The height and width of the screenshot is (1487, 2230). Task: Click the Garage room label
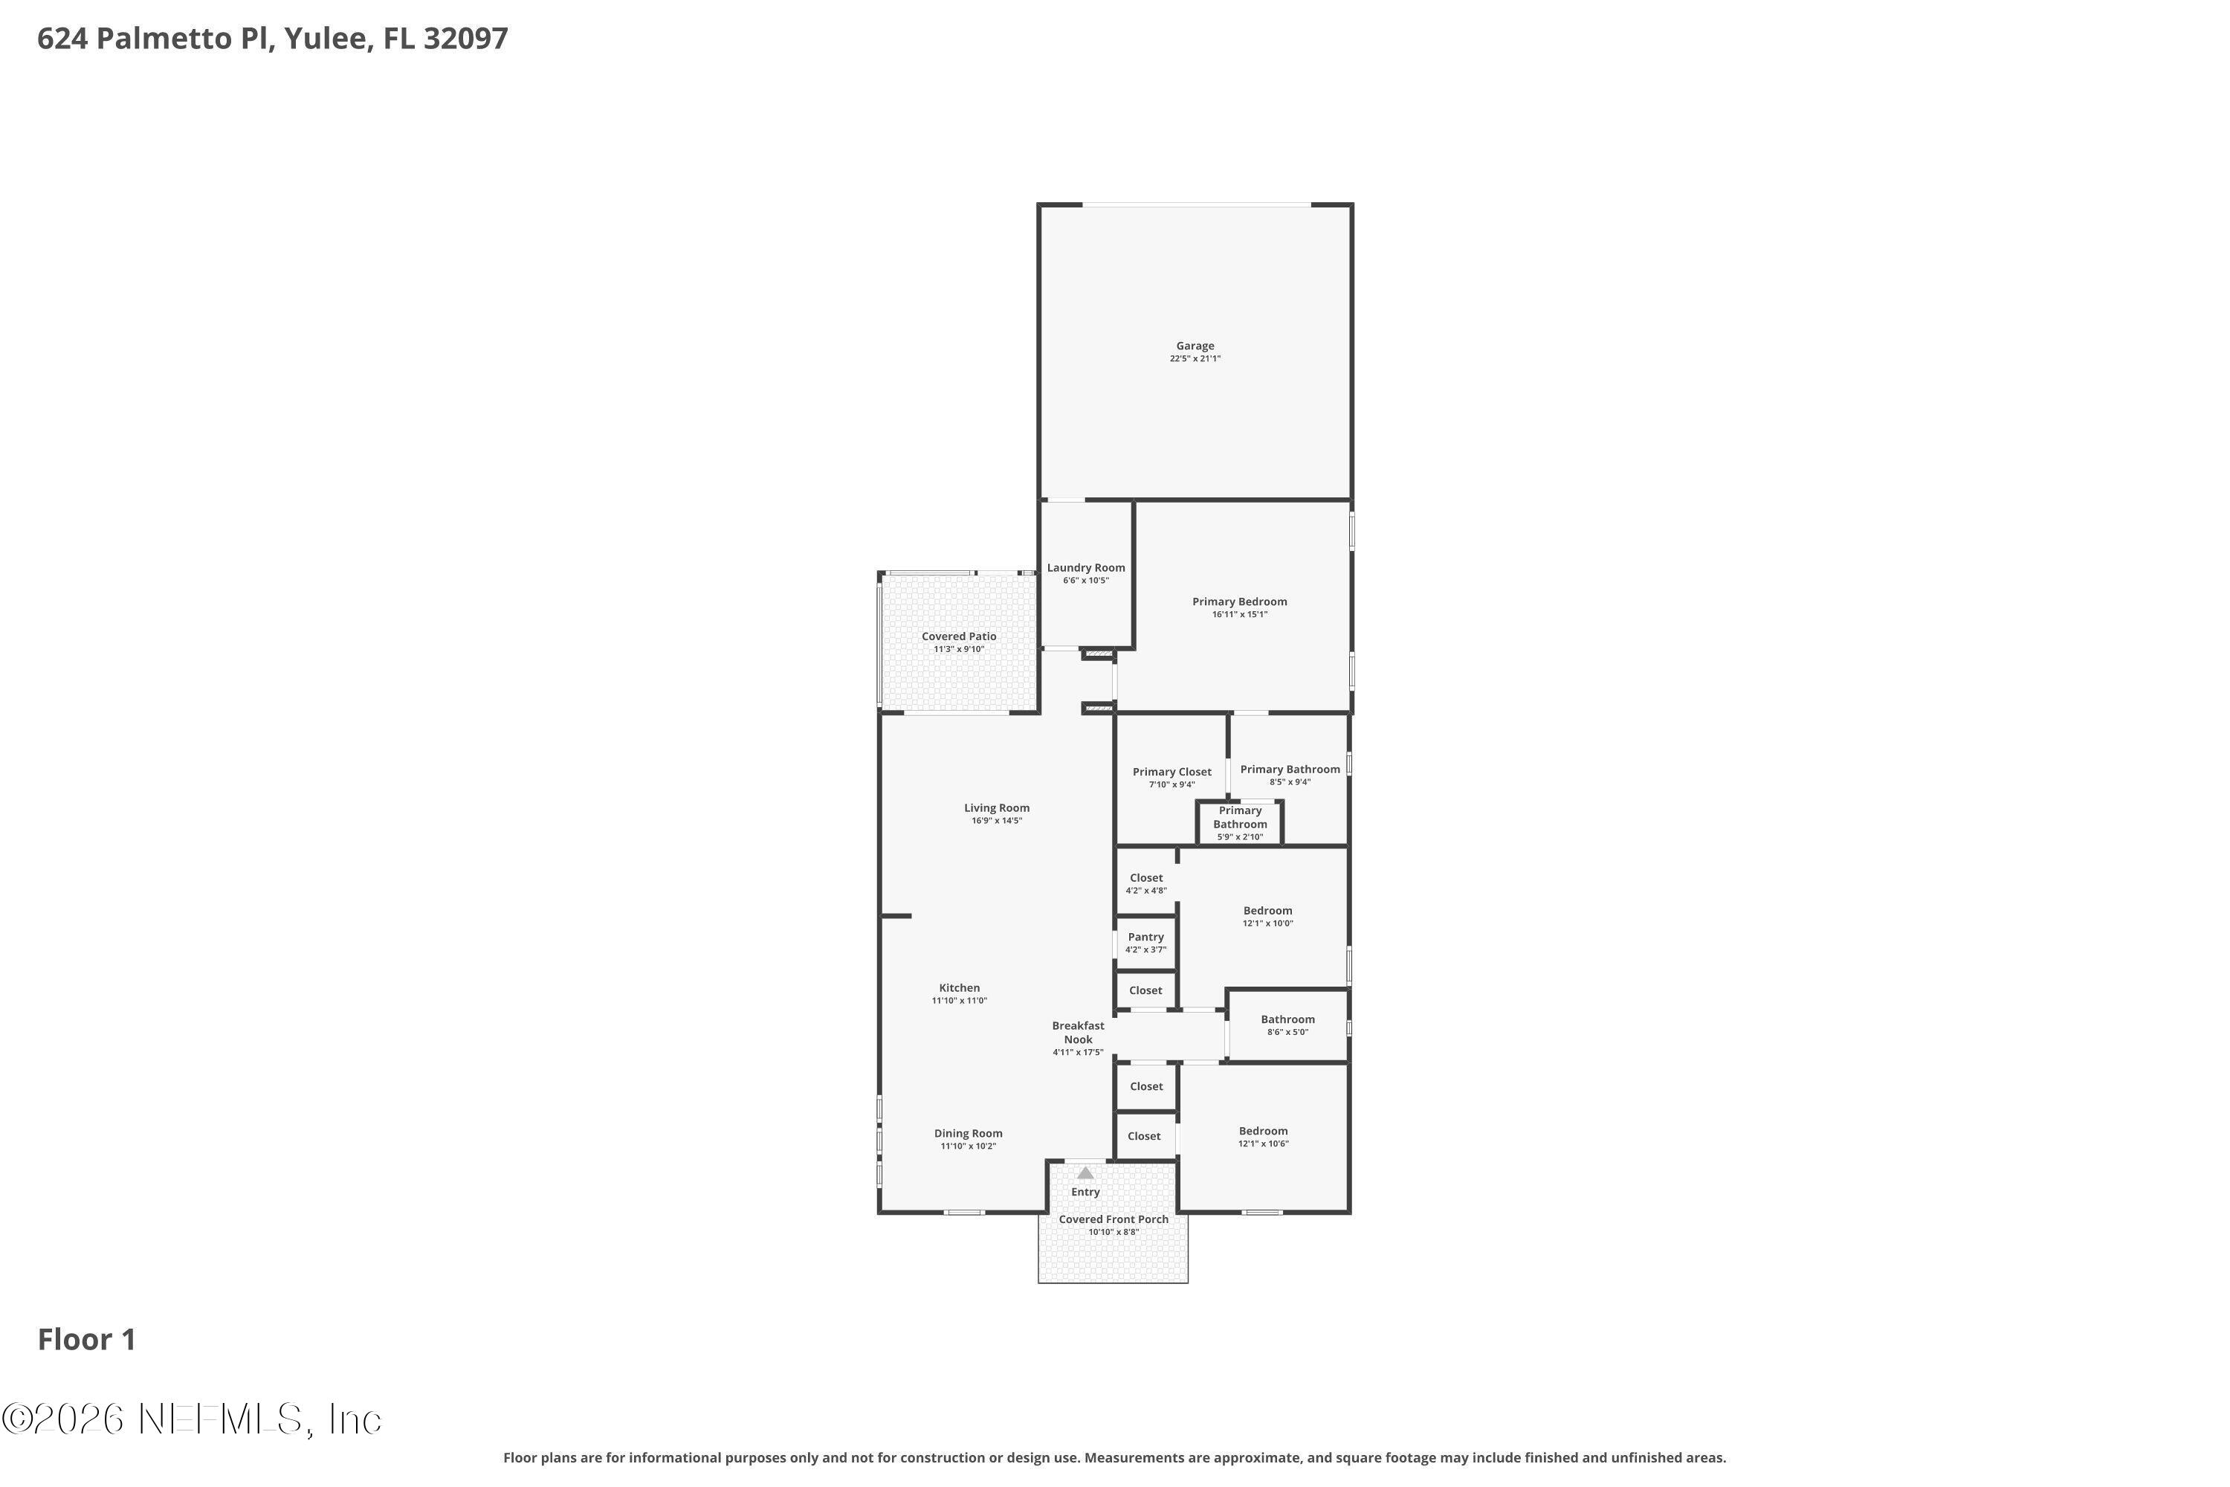(1195, 346)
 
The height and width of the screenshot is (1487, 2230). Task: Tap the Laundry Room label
(1085, 568)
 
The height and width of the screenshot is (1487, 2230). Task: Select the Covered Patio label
(959, 636)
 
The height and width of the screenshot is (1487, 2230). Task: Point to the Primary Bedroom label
(1239, 601)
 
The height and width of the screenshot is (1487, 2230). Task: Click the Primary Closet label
(1172, 772)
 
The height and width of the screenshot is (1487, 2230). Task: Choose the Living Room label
(997, 808)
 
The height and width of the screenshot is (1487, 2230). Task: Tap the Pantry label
(1145, 937)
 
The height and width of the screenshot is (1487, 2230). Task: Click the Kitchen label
(960, 987)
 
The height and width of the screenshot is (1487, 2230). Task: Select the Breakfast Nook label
(1078, 1032)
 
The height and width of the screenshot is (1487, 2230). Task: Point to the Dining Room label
(968, 1133)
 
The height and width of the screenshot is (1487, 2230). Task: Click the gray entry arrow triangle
(1085, 1173)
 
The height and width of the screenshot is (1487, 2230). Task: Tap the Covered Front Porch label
(1113, 1219)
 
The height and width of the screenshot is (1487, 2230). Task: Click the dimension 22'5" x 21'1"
(1195, 358)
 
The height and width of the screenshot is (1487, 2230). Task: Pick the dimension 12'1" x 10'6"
(1263, 1144)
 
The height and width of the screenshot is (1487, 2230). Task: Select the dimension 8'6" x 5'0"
(1287, 1032)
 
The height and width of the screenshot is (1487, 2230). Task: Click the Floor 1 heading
(87, 1340)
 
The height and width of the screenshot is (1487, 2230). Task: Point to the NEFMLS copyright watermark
(193, 1419)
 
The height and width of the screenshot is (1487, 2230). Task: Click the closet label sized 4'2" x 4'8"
(1146, 878)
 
